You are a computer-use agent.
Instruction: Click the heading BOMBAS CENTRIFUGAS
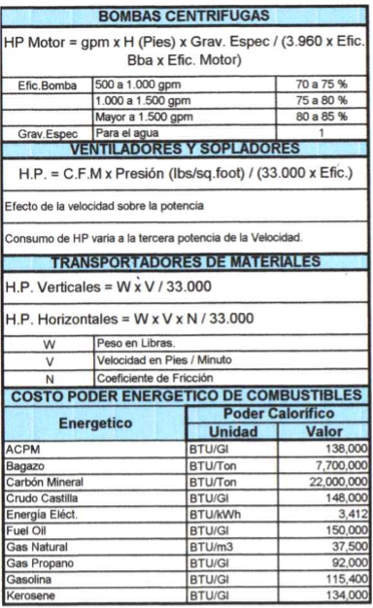coord(186,17)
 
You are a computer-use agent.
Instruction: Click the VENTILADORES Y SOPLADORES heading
coord(186,147)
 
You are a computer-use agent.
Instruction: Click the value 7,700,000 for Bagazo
coord(332,465)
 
